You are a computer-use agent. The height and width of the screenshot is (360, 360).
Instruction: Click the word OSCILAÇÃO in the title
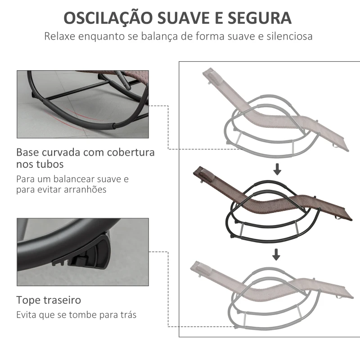[x=108, y=18]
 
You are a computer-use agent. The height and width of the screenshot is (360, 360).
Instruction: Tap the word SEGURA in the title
[x=260, y=18]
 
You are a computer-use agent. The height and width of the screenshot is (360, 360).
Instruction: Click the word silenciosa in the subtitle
[x=289, y=36]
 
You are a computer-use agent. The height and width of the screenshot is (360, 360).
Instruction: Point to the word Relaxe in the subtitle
[x=60, y=36]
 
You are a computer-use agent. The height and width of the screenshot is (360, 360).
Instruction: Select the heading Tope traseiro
[x=49, y=300]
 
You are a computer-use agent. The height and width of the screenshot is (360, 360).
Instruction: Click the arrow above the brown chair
[x=277, y=170]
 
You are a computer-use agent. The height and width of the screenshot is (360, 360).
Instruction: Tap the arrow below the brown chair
[x=276, y=255]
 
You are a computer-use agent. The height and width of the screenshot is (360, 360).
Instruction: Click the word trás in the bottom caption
[x=128, y=315]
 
